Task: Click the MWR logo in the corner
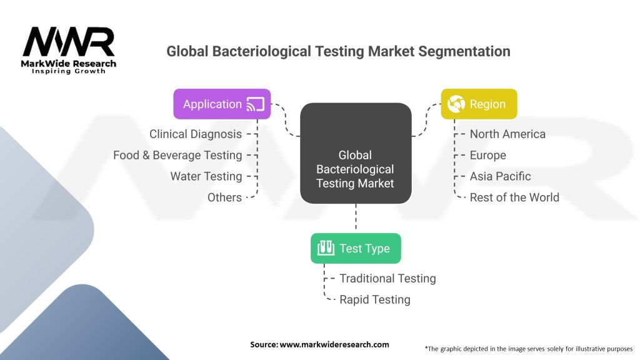(69, 50)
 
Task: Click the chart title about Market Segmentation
(338, 51)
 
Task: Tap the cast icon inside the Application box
(256, 104)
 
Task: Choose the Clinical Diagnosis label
(196, 134)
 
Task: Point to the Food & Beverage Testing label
(177, 155)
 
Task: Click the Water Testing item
(206, 176)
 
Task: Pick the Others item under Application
(224, 197)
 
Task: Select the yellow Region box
(479, 104)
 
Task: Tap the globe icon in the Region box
(456, 104)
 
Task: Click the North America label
(507, 134)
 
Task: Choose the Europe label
(488, 155)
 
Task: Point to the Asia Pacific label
(501, 176)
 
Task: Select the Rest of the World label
(514, 197)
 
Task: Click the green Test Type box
(356, 248)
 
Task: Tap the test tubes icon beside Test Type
(324, 248)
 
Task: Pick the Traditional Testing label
(387, 278)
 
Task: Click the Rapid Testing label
(375, 299)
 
